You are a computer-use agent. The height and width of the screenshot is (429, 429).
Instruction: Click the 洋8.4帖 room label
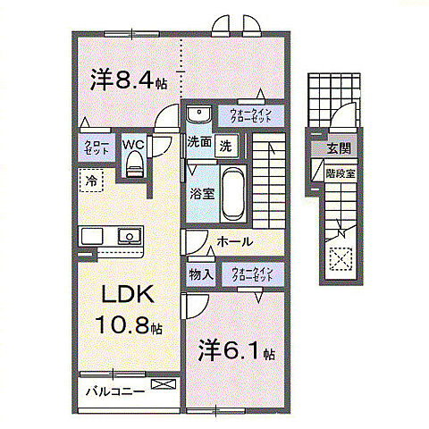[x=129, y=80]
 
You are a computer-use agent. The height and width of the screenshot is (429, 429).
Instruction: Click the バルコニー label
[x=115, y=390]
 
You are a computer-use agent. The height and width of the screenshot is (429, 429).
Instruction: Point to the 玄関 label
[x=338, y=147]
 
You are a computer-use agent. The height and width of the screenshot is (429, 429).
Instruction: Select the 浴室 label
[x=199, y=191]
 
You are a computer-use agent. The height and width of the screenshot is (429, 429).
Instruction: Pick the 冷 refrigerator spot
[x=91, y=181]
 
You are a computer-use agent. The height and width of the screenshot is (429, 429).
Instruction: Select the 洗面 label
[x=198, y=142]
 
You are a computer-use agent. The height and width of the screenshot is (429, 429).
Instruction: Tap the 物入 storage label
[x=200, y=275]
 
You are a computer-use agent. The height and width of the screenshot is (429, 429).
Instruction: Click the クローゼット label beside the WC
[x=97, y=148]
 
